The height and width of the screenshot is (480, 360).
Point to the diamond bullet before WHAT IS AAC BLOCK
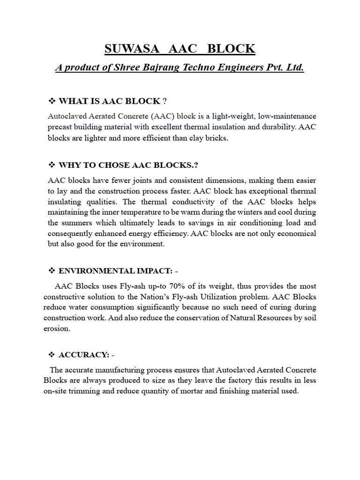pyautogui.click(x=52, y=101)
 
